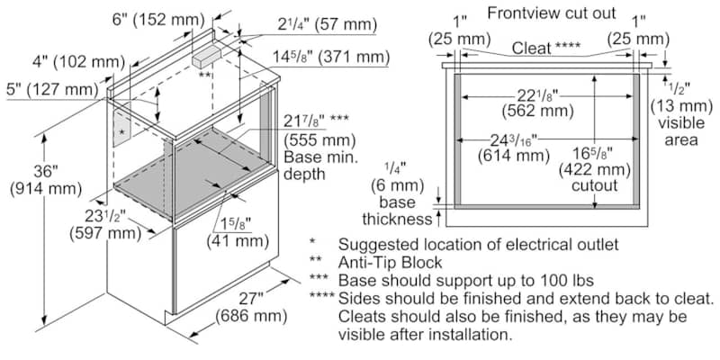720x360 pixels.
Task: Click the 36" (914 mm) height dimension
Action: pos(46,179)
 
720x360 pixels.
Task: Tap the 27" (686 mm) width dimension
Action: pos(251,307)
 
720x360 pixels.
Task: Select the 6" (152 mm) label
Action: pos(158,19)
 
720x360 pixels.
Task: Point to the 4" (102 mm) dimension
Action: pos(79,61)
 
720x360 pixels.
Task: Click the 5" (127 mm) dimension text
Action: pos(53,89)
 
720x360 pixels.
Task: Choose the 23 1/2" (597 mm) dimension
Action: pos(105,223)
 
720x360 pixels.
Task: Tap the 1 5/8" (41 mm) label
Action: pos(238,232)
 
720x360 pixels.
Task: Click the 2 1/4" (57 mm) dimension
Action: pos(327,24)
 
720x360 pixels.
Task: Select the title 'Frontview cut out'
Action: pos(552,13)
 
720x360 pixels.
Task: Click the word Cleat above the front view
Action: pos(532,48)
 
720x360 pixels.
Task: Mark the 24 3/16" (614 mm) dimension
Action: pos(513,148)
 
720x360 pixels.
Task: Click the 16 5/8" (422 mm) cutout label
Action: pos(595,169)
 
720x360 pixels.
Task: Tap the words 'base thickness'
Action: pos(397,211)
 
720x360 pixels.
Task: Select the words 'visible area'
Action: pos(681,130)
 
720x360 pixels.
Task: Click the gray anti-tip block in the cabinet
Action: pos(207,57)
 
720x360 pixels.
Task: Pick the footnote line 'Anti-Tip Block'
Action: pos(390,262)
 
